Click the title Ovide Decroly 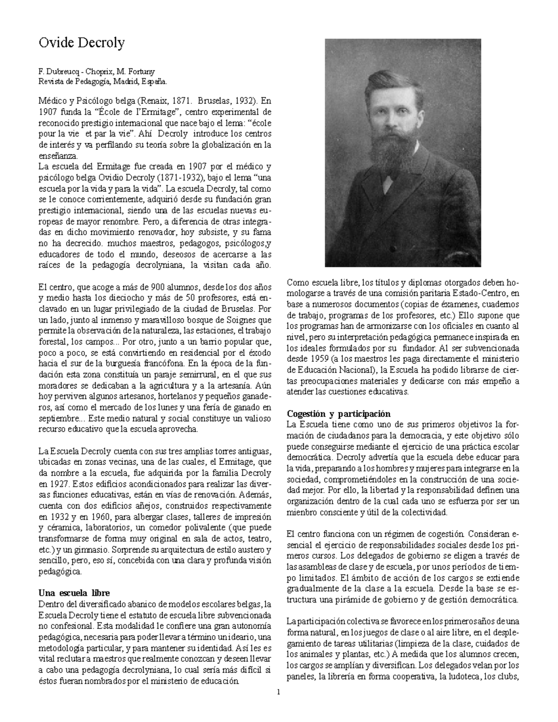point(81,43)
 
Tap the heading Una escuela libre point(74,593)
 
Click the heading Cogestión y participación point(339,414)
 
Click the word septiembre point(57,418)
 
